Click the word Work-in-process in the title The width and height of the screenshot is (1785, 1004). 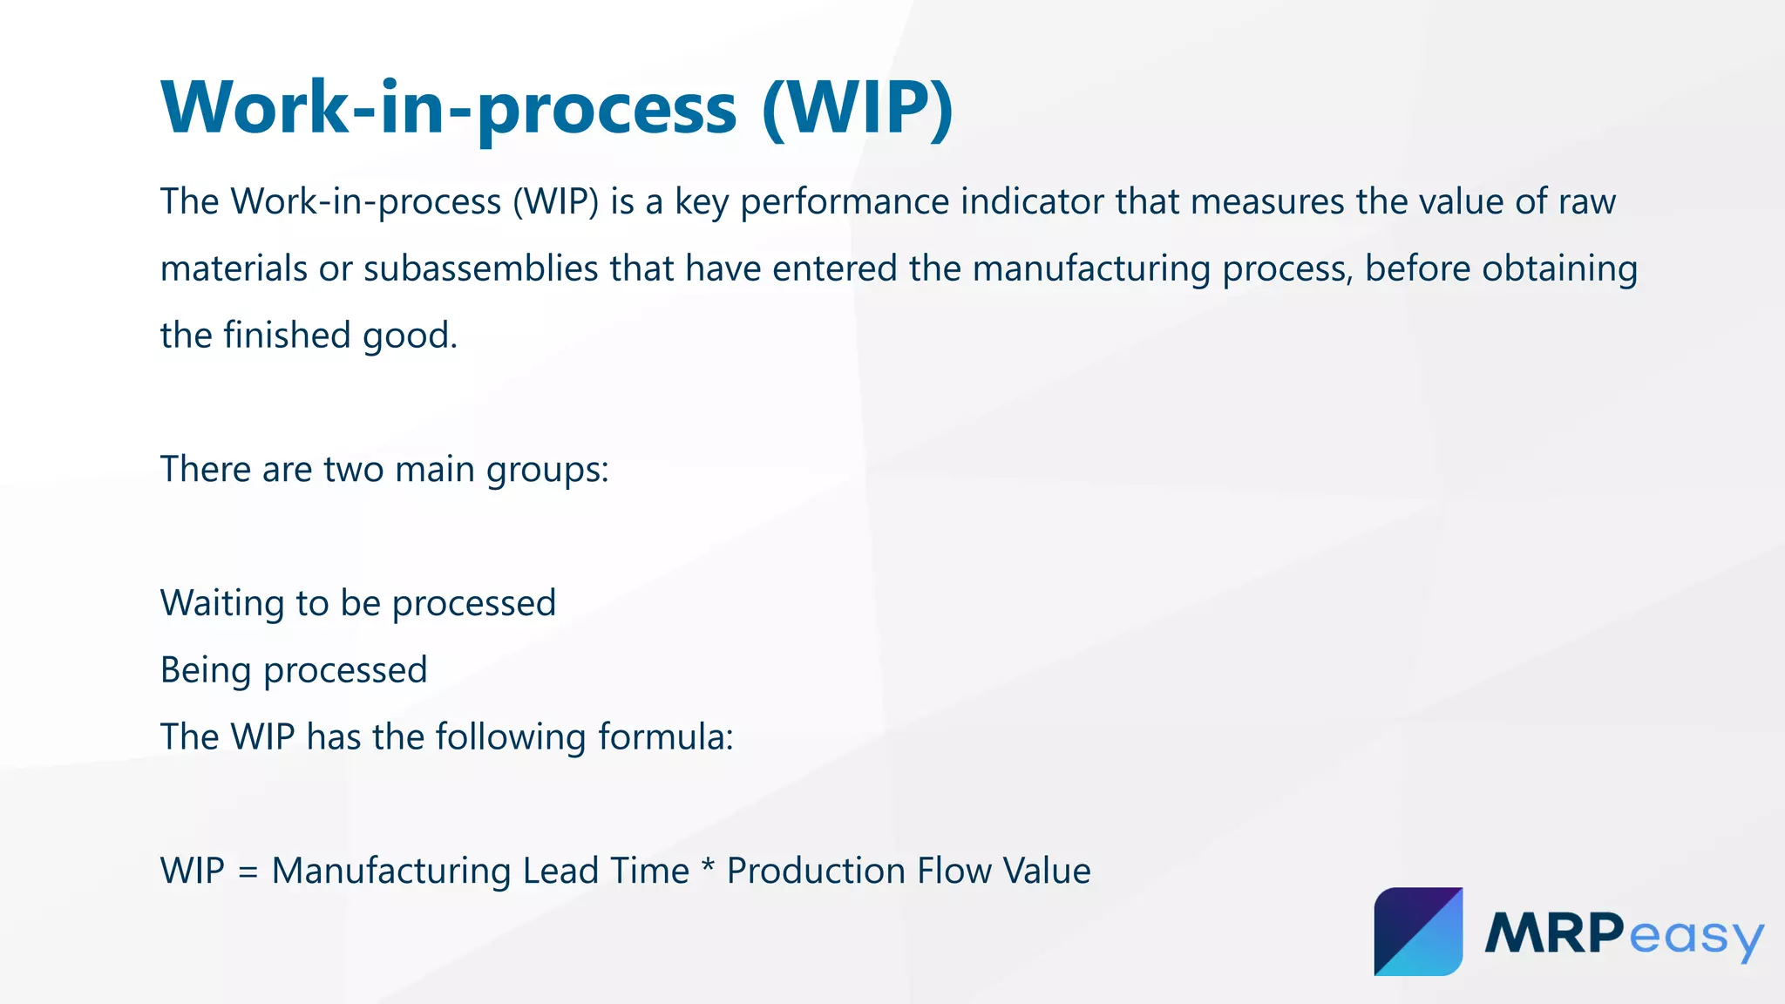449,108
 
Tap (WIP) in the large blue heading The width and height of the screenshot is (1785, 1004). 858,108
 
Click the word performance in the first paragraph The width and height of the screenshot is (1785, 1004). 844,202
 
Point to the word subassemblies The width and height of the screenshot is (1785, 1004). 480,268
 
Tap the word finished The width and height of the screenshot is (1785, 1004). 286,336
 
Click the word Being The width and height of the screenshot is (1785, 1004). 206,671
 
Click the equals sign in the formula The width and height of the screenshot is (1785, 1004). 248,872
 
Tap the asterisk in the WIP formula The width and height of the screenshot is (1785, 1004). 708,868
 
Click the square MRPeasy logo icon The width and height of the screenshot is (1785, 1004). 1418,932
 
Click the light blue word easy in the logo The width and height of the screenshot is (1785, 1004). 1695,938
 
